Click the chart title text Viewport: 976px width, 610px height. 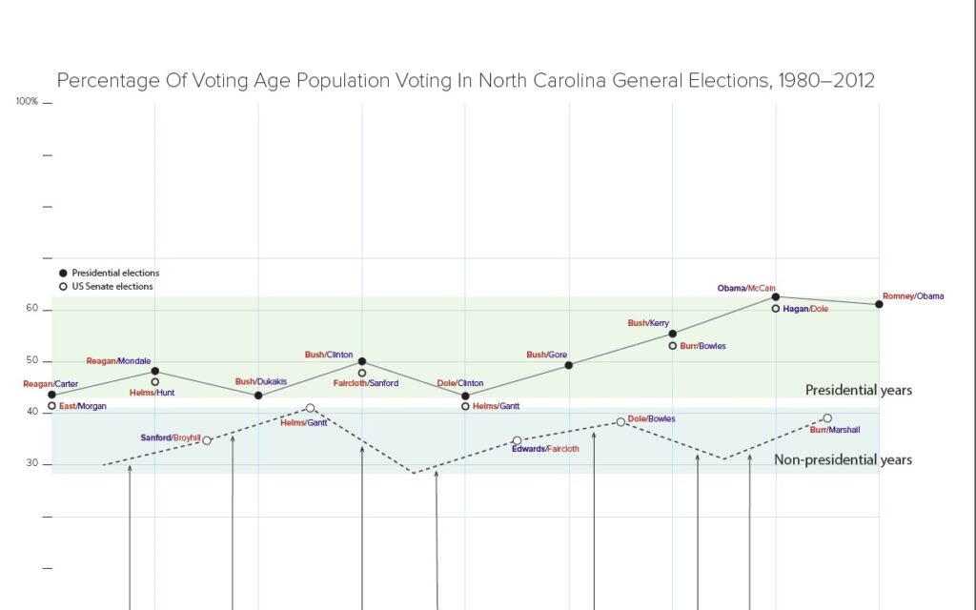465,81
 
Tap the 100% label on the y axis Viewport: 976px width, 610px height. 27,101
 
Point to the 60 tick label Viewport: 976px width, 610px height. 31,309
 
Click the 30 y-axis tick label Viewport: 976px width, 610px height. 31,464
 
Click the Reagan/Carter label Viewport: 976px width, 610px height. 51,383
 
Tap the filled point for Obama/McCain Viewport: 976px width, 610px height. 776,297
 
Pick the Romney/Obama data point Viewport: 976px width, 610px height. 879,304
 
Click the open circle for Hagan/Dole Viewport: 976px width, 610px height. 776,309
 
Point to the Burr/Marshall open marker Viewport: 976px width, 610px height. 827,418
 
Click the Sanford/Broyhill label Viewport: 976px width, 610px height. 171,437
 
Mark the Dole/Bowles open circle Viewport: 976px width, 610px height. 620,421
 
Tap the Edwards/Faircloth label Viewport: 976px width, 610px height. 545,449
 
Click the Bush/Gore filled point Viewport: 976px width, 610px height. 569,365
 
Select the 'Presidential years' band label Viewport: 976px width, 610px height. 858,390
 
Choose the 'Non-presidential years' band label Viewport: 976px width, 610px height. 843,459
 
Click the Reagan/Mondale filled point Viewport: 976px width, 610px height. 155,371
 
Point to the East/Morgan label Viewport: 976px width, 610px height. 83,406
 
